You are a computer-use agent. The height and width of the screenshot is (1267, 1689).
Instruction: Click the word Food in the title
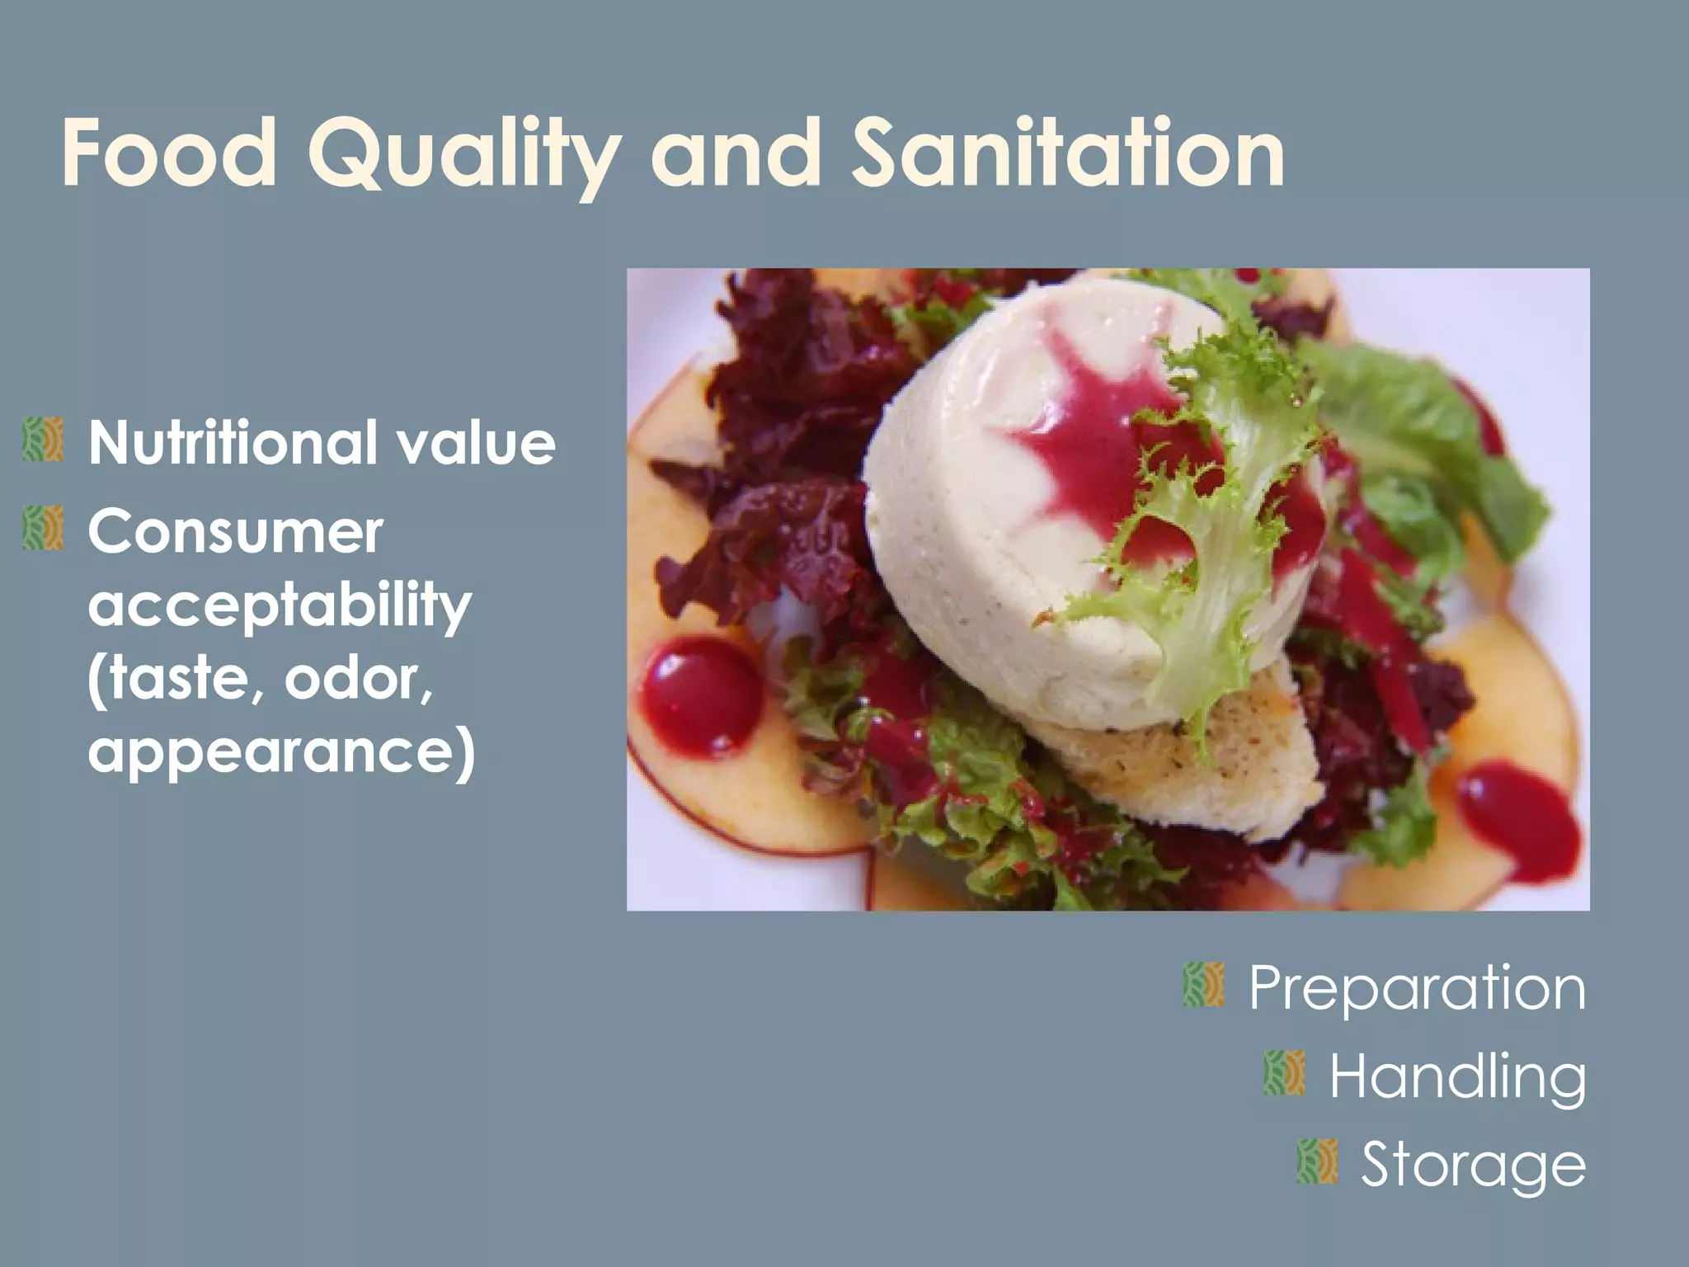168,153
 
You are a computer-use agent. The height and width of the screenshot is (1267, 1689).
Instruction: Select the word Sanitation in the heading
1067,153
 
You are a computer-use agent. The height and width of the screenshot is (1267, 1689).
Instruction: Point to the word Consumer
236,531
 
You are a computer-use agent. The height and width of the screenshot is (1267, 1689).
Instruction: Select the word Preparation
1417,988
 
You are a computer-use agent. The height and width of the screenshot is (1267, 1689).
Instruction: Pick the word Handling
1457,1076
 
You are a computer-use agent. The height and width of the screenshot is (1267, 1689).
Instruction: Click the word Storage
1473,1165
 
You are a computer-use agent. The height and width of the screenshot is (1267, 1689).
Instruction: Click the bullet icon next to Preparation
1203,985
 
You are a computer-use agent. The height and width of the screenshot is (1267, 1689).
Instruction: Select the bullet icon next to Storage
1317,1161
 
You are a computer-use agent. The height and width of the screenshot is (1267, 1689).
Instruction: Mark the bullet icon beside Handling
1284,1073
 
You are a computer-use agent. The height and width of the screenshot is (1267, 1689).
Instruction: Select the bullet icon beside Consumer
44,528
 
